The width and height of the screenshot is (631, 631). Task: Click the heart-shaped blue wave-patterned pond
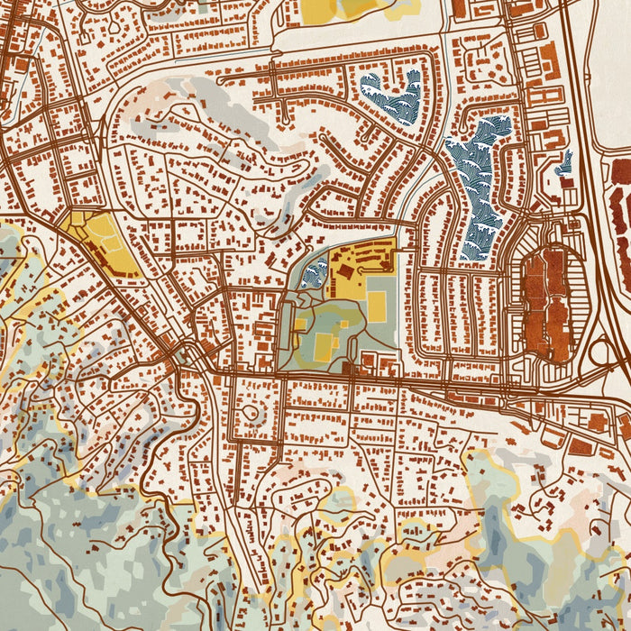[393, 97]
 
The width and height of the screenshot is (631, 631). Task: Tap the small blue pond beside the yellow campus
[315, 272]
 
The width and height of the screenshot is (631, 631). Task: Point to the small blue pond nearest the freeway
[564, 163]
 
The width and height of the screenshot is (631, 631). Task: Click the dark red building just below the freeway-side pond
[567, 182]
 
